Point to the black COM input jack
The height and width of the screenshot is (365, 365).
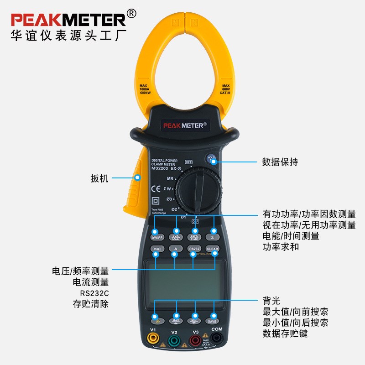[216, 338]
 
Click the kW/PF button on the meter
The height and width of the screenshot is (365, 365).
[156, 236]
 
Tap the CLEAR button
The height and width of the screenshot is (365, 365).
[212, 249]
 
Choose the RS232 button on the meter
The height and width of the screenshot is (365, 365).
[193, 249]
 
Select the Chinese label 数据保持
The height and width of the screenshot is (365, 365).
[280, 162]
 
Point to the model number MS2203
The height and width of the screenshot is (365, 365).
[160, 168]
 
